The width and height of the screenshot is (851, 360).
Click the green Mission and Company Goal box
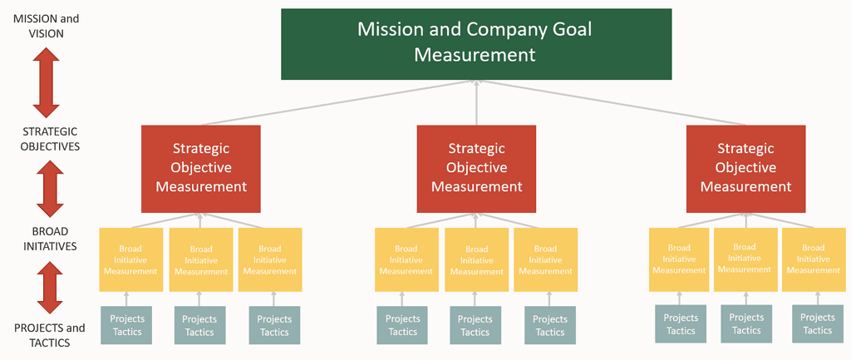[476, 44]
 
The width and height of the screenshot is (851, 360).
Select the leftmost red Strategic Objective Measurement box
[201, 169]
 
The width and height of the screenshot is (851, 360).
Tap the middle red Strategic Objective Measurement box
[476, 169]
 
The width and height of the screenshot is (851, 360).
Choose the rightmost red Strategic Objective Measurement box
[745, 169]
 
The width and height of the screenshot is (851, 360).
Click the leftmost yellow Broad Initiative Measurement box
[130, 259]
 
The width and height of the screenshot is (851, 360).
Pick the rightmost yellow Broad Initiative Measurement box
[813, 259]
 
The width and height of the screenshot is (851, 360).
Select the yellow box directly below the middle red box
[476, 259]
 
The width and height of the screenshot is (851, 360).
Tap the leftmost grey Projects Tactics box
[126, 325]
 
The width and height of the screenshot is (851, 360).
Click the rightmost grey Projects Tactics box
[818, 323]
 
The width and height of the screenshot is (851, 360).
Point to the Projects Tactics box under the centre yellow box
[475, 325]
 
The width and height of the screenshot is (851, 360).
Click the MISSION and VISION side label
[47, 26]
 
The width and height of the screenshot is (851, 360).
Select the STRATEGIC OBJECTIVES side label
[51, 139]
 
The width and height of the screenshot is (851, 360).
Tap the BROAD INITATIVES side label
[50, 239]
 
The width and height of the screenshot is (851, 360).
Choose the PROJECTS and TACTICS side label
[49, 335]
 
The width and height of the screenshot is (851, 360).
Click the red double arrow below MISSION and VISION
[47, 82]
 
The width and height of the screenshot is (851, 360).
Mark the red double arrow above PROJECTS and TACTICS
[50, 287]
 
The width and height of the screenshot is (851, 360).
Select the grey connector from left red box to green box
[338, 103]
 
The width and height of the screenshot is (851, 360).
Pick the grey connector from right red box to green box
[611, 103]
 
